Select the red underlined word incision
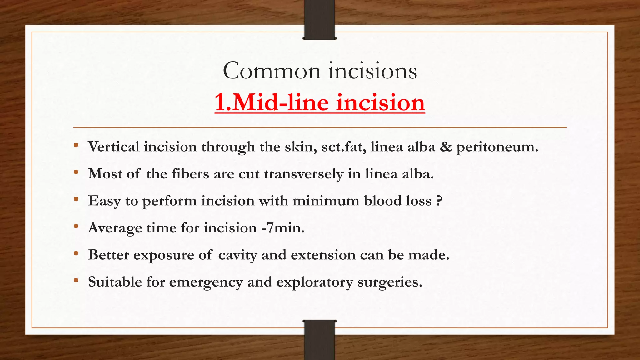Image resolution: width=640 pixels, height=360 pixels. point(380,102)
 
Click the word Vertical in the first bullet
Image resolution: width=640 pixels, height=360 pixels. point(114,147)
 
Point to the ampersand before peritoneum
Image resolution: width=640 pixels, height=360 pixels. point(446,147)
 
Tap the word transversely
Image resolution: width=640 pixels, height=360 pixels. point(303,174)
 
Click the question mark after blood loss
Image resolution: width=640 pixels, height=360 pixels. point(439,201)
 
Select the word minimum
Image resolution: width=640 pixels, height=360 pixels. point(326,201)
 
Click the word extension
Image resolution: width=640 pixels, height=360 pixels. point(323,255)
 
